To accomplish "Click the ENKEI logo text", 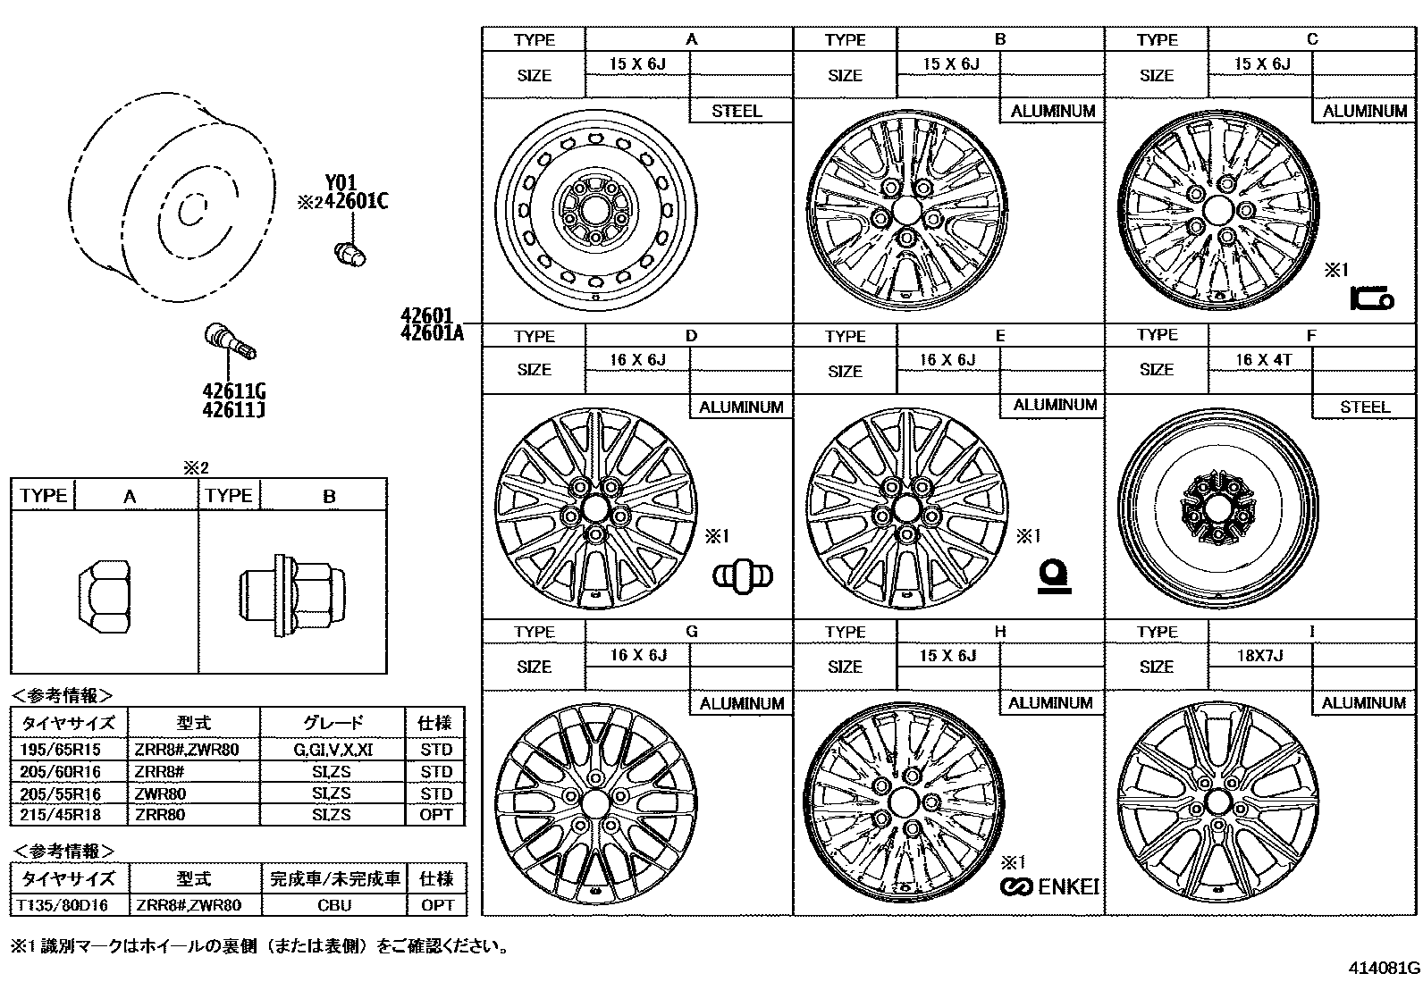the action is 1066,886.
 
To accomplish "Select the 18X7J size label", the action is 1259,655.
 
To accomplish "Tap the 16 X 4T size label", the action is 1263,359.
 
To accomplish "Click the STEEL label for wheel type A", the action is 737,111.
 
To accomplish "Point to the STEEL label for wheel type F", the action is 1364,407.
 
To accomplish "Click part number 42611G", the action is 234,391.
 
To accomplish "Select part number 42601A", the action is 433,333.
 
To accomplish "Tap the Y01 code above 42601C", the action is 341,184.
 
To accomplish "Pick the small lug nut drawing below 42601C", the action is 349,254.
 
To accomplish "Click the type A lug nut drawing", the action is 104,592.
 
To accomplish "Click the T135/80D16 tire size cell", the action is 62,905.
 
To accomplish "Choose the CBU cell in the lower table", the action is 334,905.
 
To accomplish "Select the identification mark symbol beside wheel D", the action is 743,575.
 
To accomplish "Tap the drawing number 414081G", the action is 1384,968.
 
